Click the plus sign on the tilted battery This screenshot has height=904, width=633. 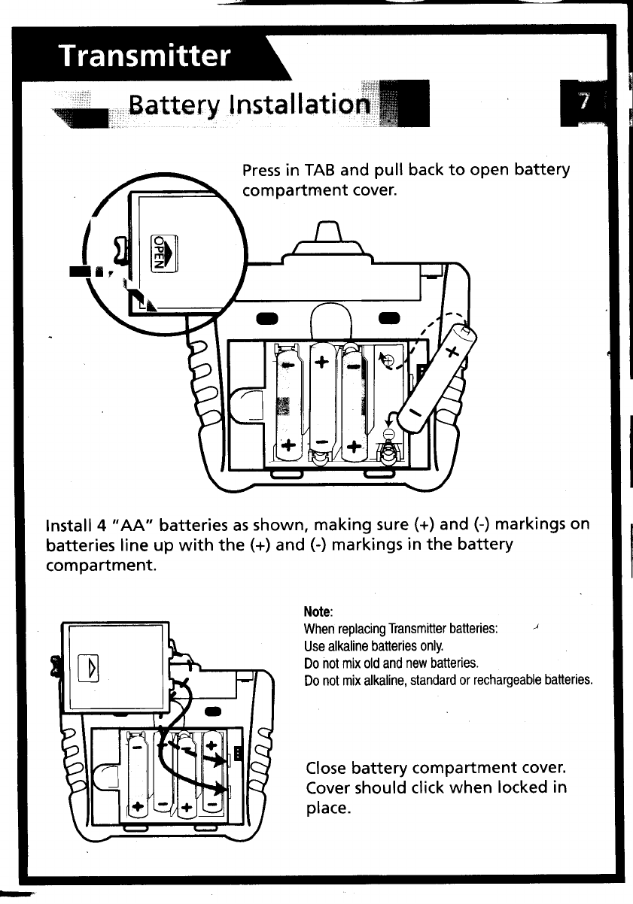point(453,353)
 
